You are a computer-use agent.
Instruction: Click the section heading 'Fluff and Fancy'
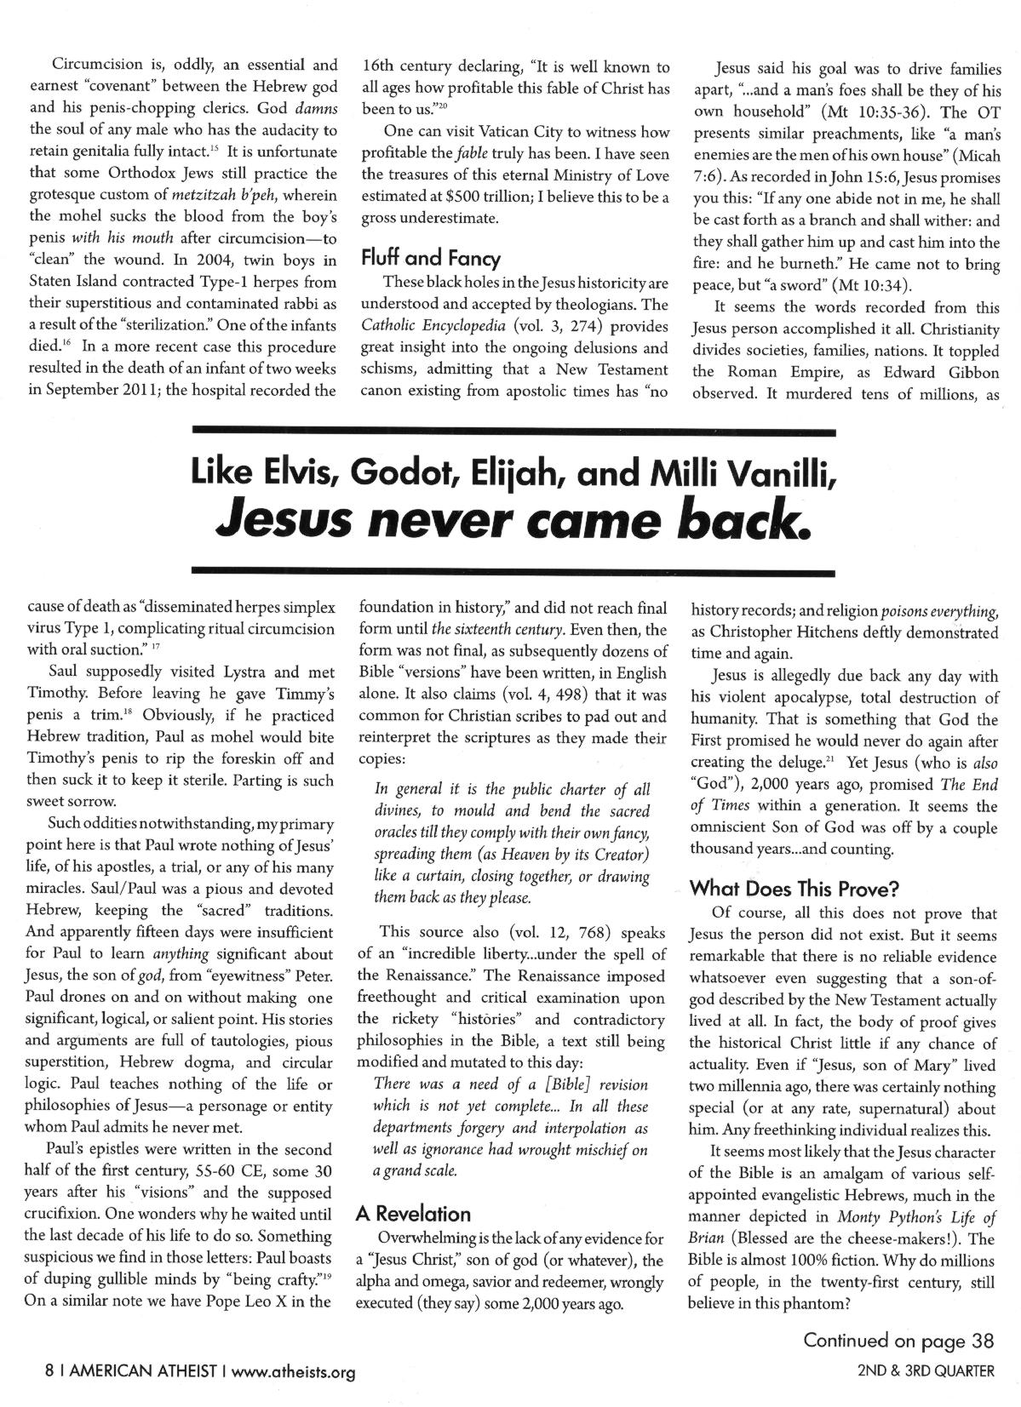pos(431,258)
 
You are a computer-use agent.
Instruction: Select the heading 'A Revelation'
pos(412,1214)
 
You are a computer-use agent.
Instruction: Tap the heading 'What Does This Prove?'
pos(794,889)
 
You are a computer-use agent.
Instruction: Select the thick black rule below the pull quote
pos(513,572)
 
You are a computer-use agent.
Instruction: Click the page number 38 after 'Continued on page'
pos(982,1341)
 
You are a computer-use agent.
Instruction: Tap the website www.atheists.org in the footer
pos(293,1371)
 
